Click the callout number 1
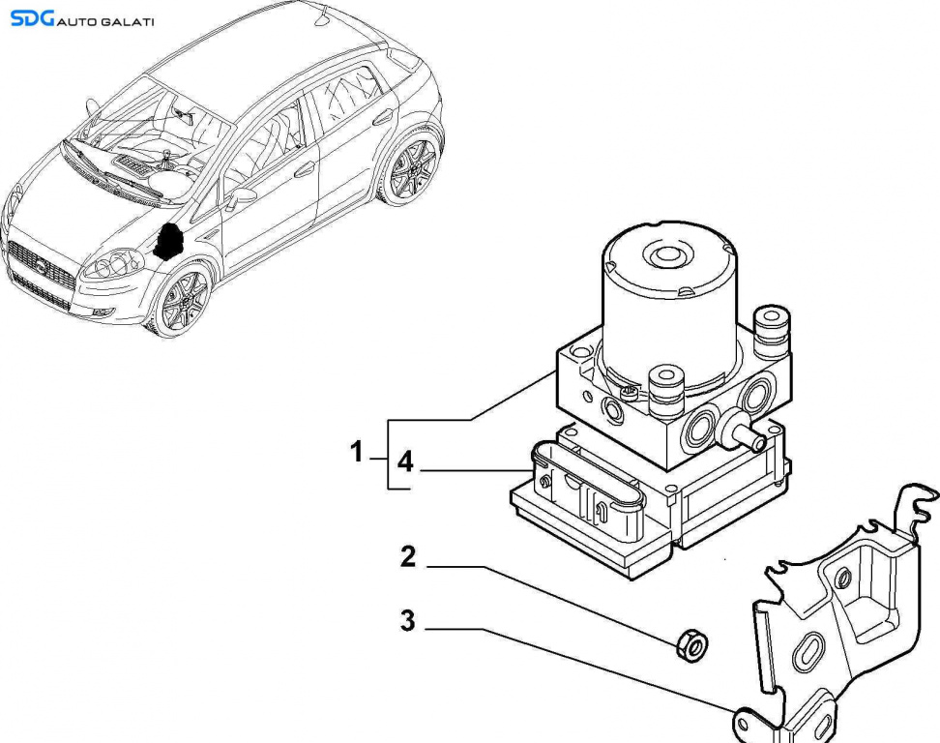356,451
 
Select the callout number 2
408,556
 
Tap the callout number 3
408,620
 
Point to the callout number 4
404,463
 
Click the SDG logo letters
31,18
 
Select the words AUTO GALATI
104,21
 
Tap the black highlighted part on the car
171,242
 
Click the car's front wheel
182,301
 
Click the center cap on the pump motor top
666,256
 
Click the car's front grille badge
42,266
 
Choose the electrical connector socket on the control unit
590,492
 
